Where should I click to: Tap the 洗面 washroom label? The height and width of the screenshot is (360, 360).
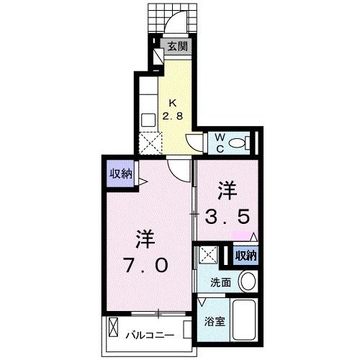(221, 282)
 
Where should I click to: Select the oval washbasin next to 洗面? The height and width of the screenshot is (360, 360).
(248, 281)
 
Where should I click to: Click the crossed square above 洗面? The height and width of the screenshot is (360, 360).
(209, 254)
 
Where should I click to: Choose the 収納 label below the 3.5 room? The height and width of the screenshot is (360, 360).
(246, 255)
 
